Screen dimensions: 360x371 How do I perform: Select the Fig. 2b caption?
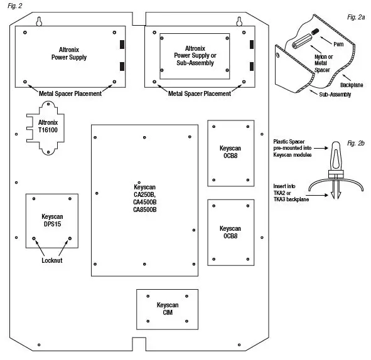pos(356,144)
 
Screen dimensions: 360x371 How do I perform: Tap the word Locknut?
pos(52,259)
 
